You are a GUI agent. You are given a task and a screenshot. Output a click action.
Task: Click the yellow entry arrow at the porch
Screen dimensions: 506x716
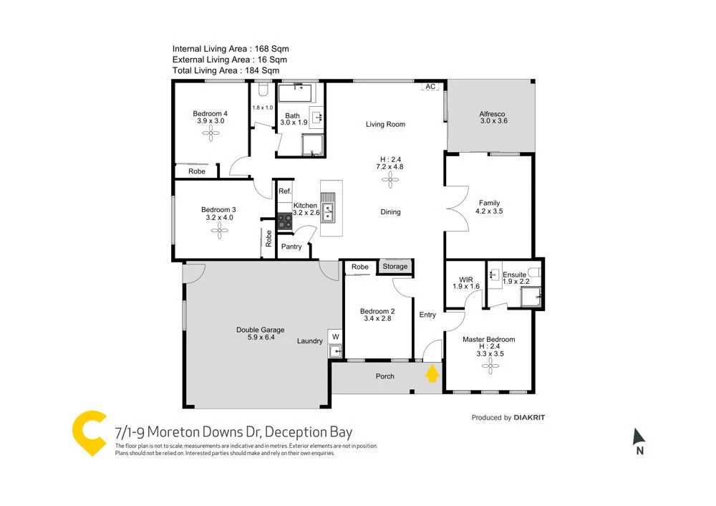[432, 373]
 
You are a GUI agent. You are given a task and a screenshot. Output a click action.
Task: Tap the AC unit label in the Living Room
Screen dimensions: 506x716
[430, 87]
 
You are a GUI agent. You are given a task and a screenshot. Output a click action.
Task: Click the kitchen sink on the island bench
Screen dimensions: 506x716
[328, 212]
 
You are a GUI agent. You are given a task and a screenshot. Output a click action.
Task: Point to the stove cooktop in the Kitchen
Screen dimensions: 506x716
[285, 221]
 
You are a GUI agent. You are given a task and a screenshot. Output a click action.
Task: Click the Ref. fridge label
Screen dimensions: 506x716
[284, 191]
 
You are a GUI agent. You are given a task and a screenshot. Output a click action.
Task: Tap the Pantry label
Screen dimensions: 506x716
[291, 247]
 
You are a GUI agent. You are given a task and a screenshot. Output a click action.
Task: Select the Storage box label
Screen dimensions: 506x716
[395, 267]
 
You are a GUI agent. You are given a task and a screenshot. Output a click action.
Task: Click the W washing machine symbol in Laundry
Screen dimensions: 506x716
[335, 335]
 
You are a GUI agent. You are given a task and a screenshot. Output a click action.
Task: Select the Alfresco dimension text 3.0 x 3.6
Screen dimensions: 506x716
[493, 121]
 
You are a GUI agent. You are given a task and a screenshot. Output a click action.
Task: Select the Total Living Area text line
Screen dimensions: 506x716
[226, 71]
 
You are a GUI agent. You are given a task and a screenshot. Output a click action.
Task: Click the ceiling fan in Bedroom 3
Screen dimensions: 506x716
[221, 229]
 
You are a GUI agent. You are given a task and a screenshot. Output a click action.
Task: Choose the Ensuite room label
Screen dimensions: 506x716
[514, 275]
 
